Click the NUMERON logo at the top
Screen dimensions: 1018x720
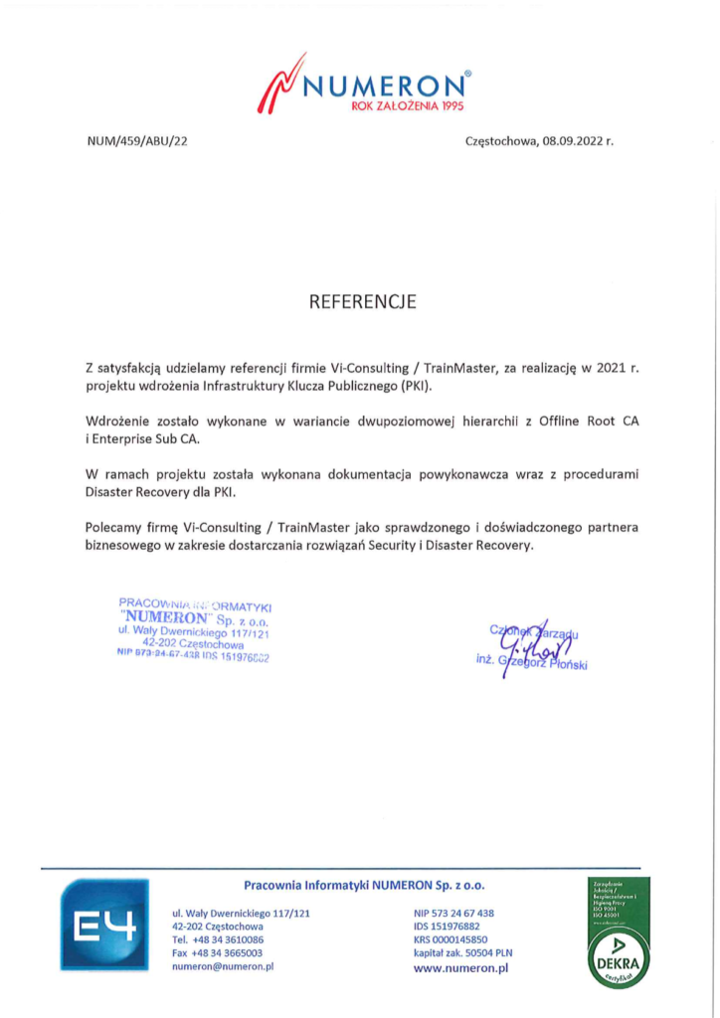pyautogui.click(x=363, y=85)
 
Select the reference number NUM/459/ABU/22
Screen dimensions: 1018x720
pyautogui.click(x=137, y=141)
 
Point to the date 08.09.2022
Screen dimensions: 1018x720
pyautogui.click(x=571, y=141)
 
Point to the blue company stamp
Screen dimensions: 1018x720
pyautogui.click(x=195, y=628)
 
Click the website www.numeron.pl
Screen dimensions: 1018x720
pyautogui.click(x=460, y=966)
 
